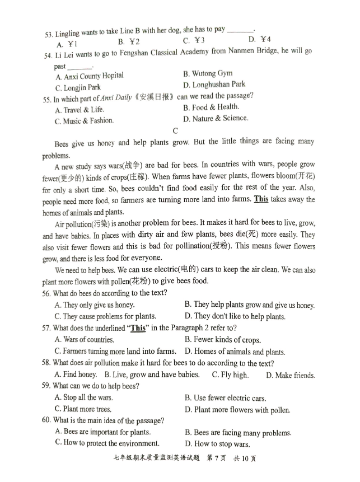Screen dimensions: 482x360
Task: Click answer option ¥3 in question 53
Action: [x=194, y=40]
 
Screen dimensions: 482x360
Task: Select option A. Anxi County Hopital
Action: [x=90, y=76]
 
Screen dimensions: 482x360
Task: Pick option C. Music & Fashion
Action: [x=84, y=121]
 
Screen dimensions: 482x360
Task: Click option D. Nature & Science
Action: [x=215, y=118]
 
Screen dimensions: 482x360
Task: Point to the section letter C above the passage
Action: [x=175, y=131]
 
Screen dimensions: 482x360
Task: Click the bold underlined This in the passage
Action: [x=261, y=199]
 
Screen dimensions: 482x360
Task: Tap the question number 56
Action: [x=46, y=293]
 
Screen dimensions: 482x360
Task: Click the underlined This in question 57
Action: [x=138, y=328]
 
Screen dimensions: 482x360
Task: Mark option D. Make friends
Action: [x=290, y=375]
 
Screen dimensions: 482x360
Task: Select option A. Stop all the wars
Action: [x=83, y=397]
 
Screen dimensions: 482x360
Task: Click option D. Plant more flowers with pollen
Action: [x=237, y=410]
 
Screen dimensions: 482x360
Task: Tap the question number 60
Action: [x=46, y=420]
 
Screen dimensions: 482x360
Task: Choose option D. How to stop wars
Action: [x=217, y=444]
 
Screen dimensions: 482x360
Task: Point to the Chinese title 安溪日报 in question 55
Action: [x=158, y=96]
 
